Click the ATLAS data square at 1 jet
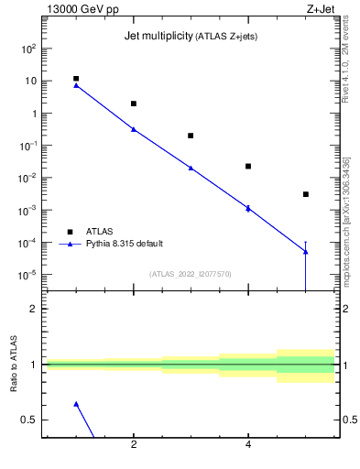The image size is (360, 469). point(76,79)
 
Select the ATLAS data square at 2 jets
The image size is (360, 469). point(134,104)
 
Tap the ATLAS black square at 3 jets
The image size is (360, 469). point(191,136)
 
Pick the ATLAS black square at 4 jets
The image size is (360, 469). point(248,166)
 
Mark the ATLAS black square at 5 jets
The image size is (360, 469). point(305,194)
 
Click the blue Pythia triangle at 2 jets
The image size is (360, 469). point(134,129)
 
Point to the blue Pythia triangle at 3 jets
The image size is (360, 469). point(191,168)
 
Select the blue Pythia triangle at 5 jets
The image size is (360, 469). point(305,252)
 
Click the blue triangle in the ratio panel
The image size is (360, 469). point(76,404)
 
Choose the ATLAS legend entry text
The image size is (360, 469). point(101,231)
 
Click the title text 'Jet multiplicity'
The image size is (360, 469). point(157,36)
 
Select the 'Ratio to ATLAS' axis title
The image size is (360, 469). point(14,364)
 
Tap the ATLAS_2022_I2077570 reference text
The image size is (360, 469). point(191,274)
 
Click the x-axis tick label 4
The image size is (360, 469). point(248,445)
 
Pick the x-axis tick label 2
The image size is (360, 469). point(134,445)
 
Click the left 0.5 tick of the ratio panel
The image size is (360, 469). point(30,420)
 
